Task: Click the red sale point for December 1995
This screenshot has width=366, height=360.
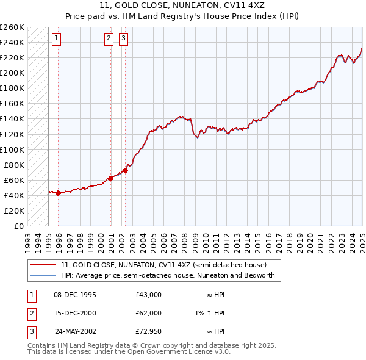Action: [58, 193]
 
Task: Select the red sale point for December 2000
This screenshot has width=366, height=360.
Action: [110, 178]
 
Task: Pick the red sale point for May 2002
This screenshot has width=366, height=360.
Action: [125, 170]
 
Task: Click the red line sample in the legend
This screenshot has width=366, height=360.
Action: [43, 265]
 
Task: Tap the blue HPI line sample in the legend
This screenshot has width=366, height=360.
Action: [43, 275]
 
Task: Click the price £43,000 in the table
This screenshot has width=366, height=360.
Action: [148, 295]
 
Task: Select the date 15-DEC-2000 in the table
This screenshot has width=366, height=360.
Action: [75, 313]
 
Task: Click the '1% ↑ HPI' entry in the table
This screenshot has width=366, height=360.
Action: [210, 313]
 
